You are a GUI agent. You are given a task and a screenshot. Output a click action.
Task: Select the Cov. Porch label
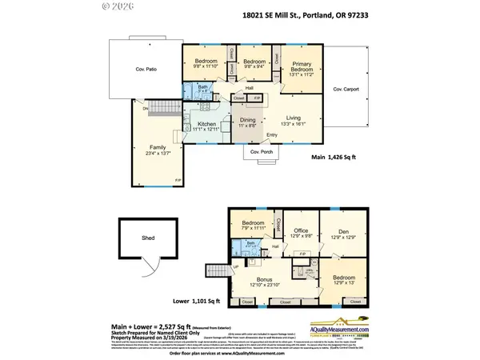tap(262, 153)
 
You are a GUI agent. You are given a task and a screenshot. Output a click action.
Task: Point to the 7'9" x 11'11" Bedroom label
tap(253, 226)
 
